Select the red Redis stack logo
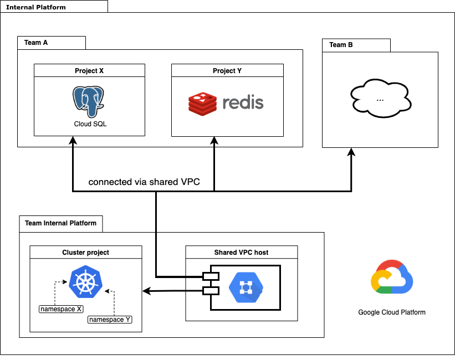(202, 104)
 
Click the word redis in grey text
(243, 103)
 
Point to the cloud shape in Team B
(380, 99)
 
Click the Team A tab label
(37, 43)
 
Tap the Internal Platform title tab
(35, 7)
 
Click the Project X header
(89, 71)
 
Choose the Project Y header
(227, 71)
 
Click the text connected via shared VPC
(144, 182)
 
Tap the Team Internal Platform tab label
(60, 223)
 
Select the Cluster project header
(85, 252)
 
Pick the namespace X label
(61, 308)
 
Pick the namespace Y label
(110, 320)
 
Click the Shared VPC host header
(241, 252)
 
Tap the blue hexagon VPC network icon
(246, 286)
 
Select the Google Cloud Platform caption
(392, 312)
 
